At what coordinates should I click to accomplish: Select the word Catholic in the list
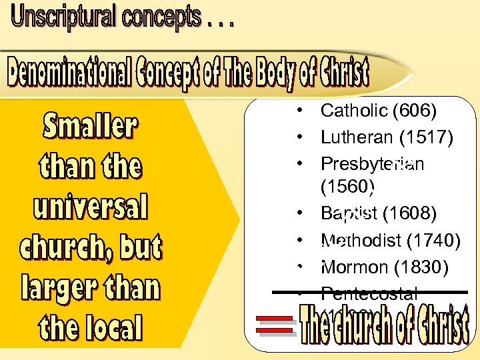[353, 111]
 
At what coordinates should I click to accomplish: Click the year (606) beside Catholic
[414, 111]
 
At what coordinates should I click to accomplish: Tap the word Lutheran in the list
[356, 137]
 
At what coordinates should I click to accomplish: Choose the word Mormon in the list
[355, 267]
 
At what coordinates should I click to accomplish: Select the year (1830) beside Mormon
[421, 267]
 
